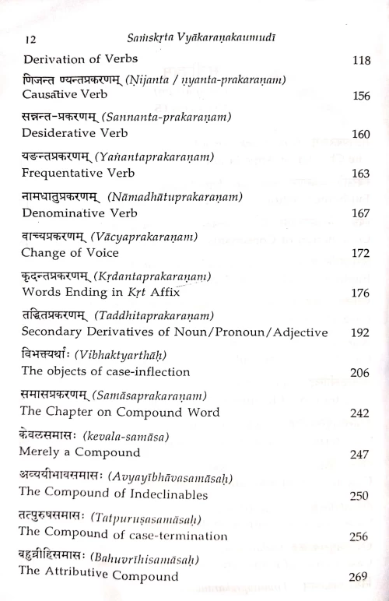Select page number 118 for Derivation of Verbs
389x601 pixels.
[x=357, y=61]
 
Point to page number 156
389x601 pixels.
[x=357, y=99]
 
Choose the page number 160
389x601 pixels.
[x=357, y=135]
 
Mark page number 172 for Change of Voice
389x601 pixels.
[x=357, y=253]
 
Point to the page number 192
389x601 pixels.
[x=357, y=334]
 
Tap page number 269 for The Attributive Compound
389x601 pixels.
[x=357, y=576]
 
